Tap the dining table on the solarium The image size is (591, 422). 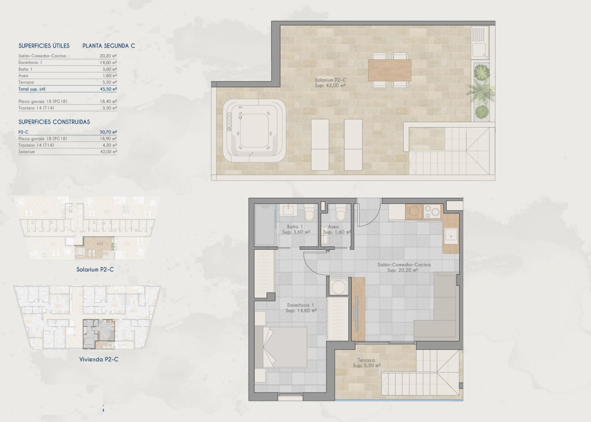click(x=389, y=70)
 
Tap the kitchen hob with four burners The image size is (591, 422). click(x=432, y=211)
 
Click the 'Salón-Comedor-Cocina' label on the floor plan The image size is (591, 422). click(x=404, y=265)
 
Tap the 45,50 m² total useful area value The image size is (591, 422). click(x=108, y=89)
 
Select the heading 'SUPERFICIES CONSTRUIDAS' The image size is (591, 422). click(x=54, y=122)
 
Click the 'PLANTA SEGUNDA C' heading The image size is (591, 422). click(x=109, y=46)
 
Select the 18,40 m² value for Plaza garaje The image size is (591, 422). click(x=108, y=101)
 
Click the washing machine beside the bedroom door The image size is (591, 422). click(x=339, y=286)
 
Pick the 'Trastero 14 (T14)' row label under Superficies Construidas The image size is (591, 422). click(x=36, y=145)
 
